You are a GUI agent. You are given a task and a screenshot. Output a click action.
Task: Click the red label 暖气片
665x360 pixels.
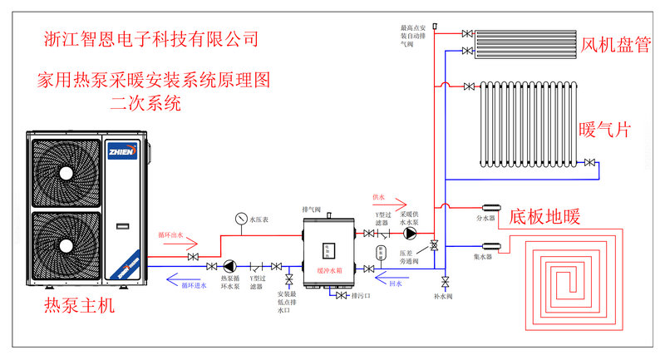(x=604, y=131)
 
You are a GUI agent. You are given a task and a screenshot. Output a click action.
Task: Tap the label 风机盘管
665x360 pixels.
(x=616, y=45)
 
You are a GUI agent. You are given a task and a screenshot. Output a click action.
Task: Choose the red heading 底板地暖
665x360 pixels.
(x=544, y=217)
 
